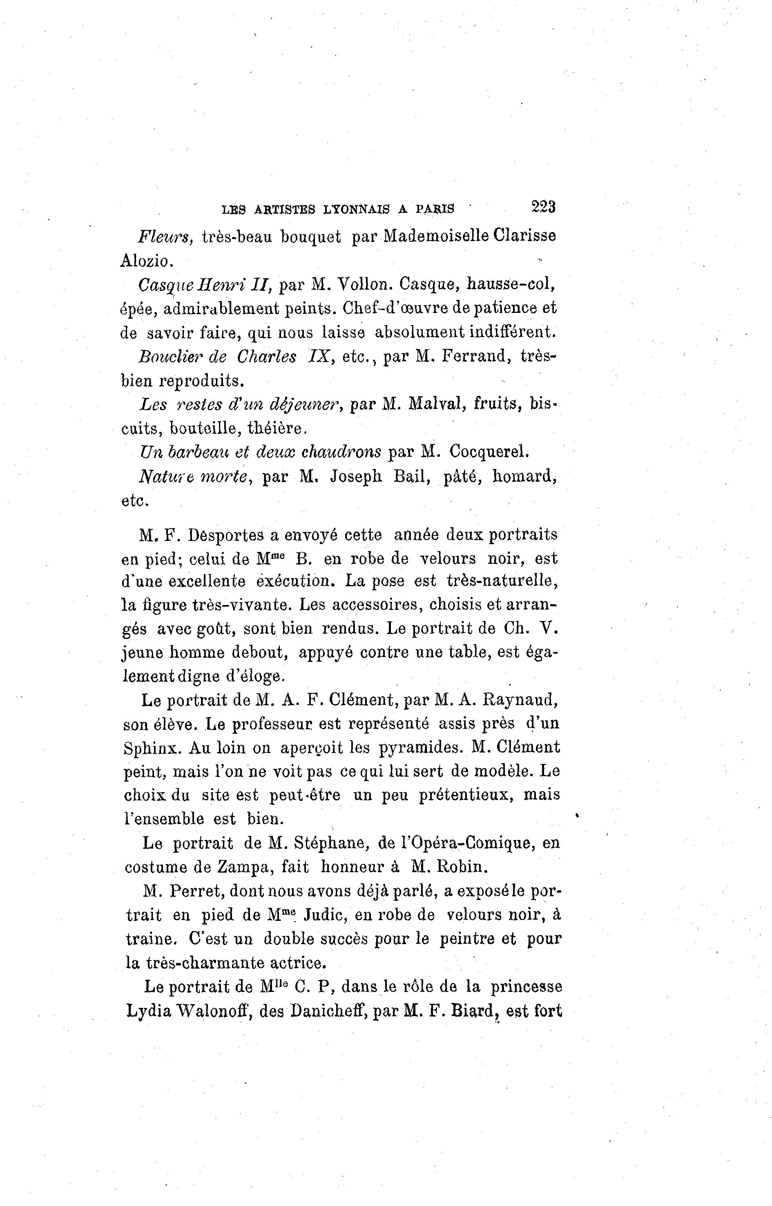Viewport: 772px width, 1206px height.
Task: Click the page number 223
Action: [543, 207]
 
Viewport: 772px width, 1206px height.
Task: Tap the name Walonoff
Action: [201, 1012]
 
